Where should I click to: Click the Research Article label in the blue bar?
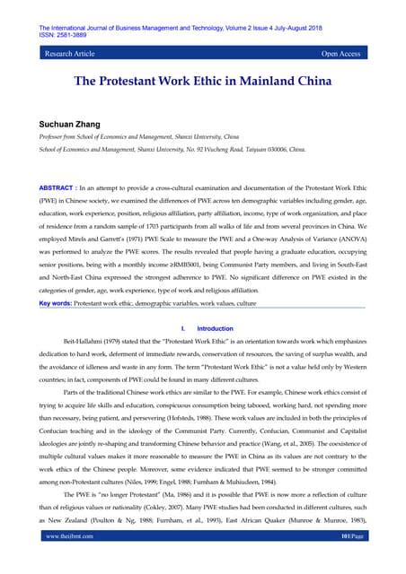pyautogui.click(x=71, y=54)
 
